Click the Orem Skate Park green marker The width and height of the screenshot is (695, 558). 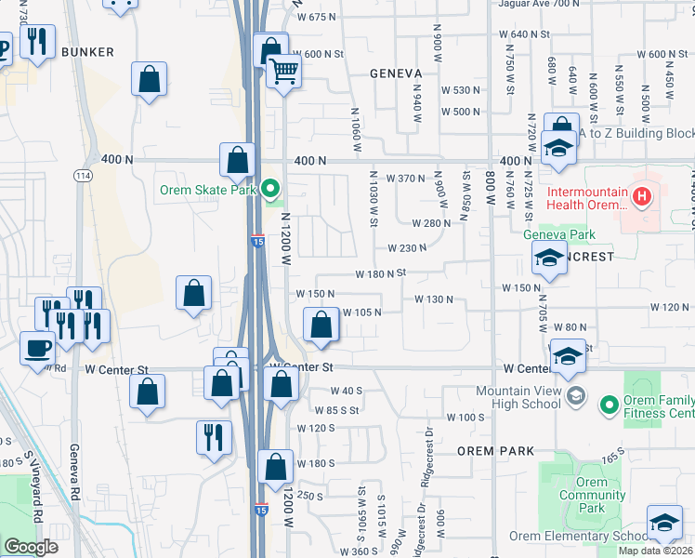pyautogui.click(x=271, y=190)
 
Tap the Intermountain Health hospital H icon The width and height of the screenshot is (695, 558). pyautogui.click(x=639, y=195)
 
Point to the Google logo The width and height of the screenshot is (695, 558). pyautogui.click(x=31, y=547)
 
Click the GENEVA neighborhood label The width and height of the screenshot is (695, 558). pyautogui.click(x=396, y=73)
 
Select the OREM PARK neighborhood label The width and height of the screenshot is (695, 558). pyautogui.click(x=496, y=451)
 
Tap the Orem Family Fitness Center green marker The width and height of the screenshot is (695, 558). pyautogui.click(x=610, y=405)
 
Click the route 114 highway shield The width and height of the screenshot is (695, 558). pyautogui.click(x=83, y=174)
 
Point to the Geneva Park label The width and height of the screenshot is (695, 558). pyautogui.click(x=558, y=235)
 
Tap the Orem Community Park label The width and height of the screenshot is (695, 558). pyautogui.click(x=592, y=495)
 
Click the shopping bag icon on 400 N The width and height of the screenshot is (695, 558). pyautogui.click(x=237, y=159)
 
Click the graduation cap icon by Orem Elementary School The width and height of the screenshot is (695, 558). pyautogui.click(x=664, y=524)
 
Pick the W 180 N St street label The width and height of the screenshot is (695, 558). pyautogui.click(x=381, y=274)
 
